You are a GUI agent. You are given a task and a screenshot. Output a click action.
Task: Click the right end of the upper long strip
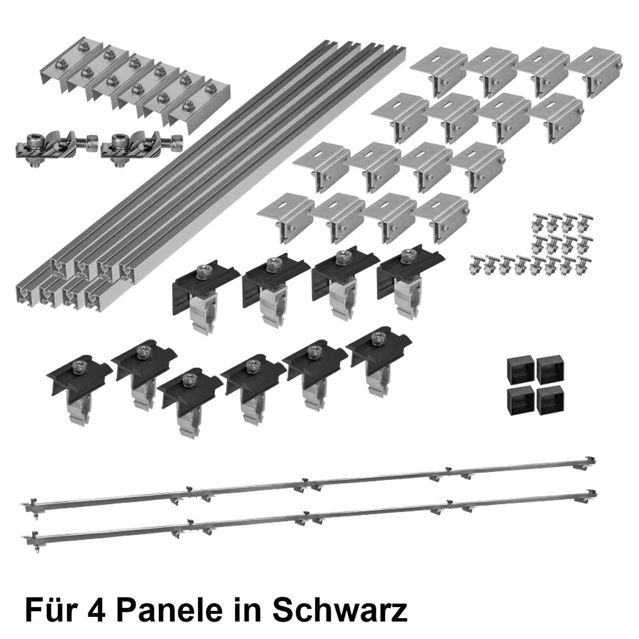pyautogui.click(x=590, y=463)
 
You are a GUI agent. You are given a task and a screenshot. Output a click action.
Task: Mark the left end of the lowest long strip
pyautogui.click(x=31, y=537)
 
